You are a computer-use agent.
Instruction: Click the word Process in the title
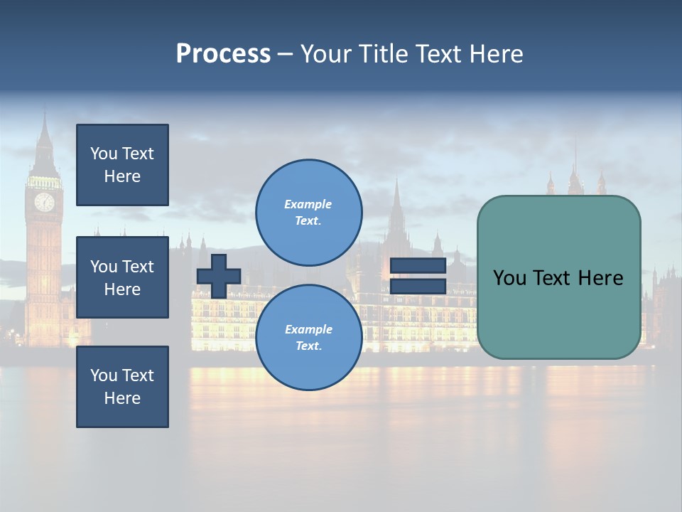click(223, 54)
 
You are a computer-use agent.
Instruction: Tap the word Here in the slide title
click(494, 54)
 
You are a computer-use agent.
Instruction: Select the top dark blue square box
click(122, 165)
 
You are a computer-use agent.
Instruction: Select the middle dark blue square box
click(122, 277)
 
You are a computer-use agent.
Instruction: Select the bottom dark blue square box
click(122, 386)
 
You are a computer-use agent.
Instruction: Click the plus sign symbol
click(219, 276)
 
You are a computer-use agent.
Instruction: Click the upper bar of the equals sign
click(418, 266)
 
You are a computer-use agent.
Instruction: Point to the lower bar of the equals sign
click(418, 286)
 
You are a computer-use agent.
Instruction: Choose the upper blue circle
click(308, 212)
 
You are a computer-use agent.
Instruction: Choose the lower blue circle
click(308, 337)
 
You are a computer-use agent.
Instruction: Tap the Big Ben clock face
click(44, 202)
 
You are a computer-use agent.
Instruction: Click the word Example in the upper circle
click(308, 204)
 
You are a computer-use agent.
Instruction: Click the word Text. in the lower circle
click(308, 346)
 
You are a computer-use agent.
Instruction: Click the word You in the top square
click(103, 154)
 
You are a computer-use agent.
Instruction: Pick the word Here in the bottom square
click(122, 398)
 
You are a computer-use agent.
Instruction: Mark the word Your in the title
click(327, 54)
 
